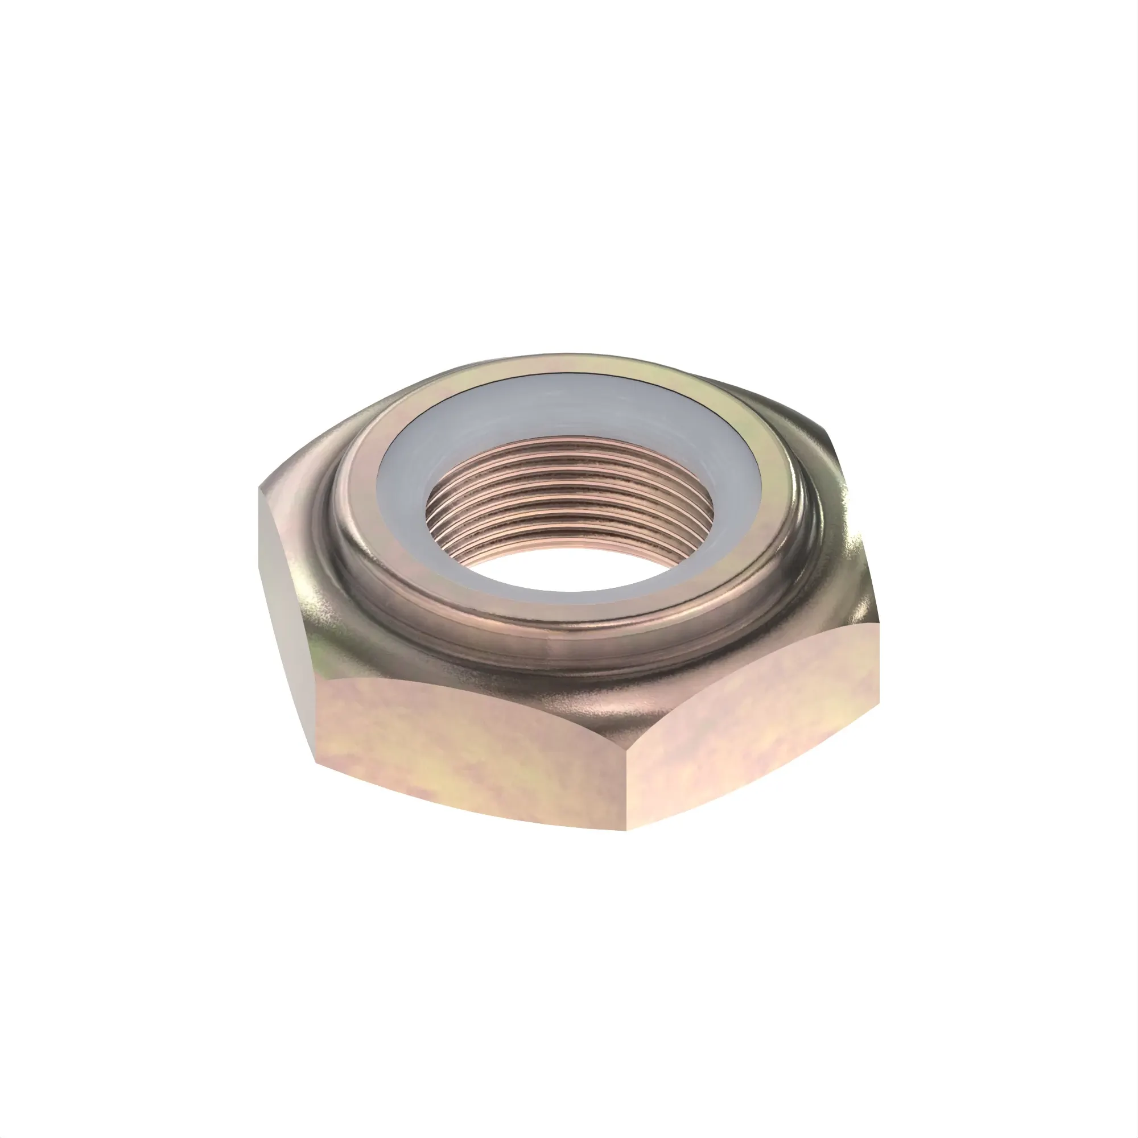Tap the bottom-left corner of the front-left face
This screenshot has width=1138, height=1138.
(x=317, y=764)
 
